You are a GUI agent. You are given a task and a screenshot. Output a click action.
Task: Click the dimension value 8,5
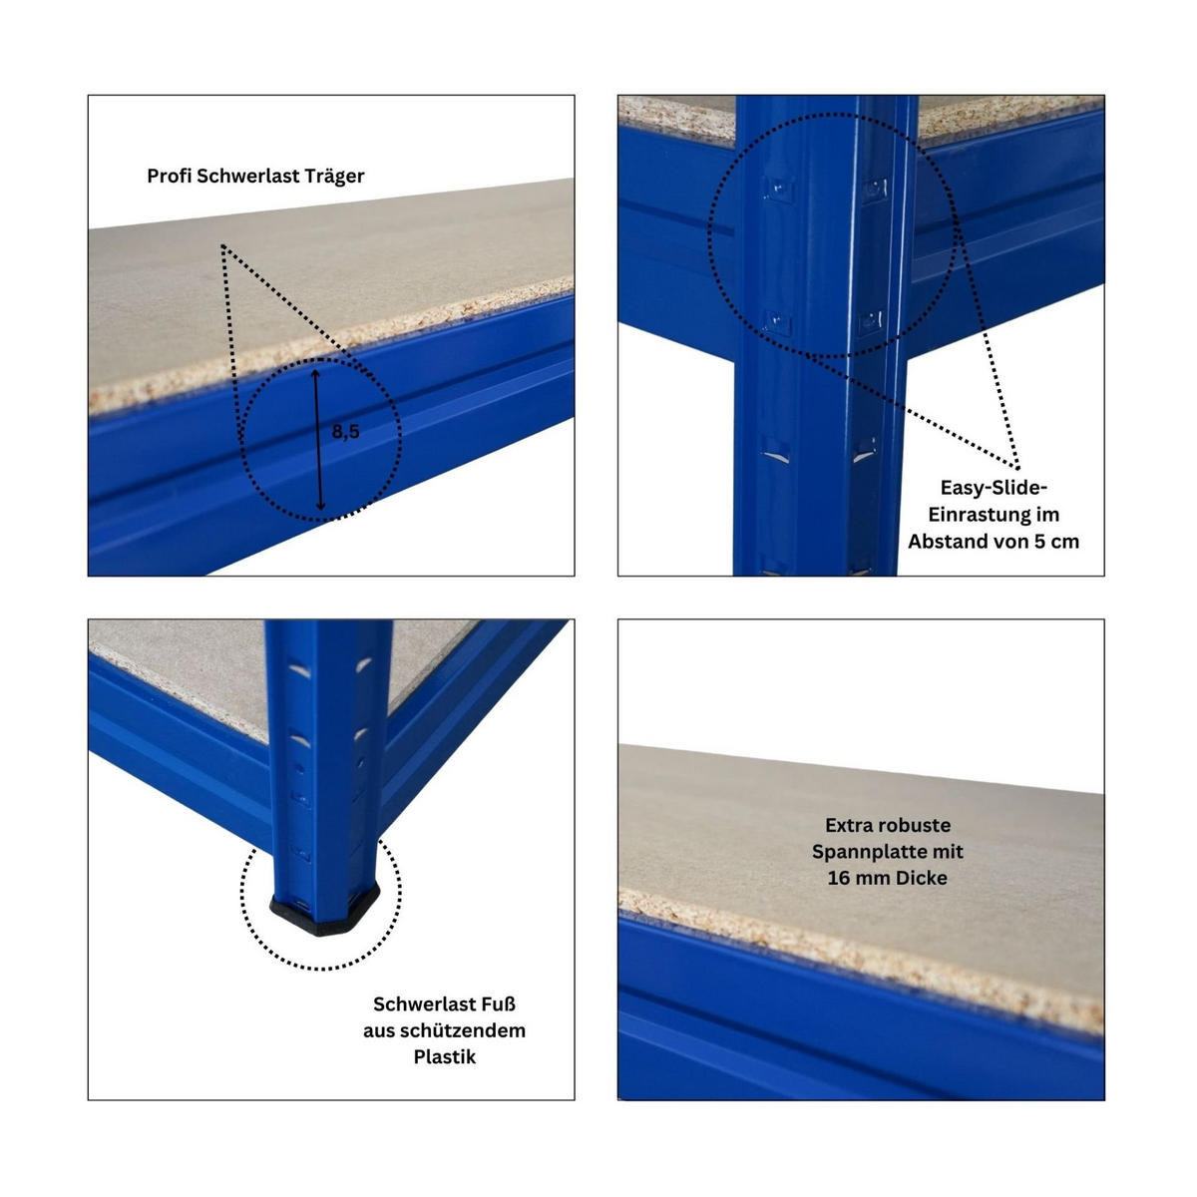(x=345, y=431)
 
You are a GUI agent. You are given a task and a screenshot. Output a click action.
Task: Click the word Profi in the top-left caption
(x=170, y=177)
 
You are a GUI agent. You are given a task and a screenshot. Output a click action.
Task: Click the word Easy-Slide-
(x=994, y=488)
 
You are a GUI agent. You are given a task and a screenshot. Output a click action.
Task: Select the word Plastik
(x=444, y=1057)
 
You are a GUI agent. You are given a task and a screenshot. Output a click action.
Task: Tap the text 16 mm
(x=858, y=879)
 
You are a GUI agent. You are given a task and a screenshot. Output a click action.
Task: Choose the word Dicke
(x=922, y=879)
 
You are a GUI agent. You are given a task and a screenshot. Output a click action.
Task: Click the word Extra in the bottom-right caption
(x=849, y=826)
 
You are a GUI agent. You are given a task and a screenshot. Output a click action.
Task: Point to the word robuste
(x=915, y=826)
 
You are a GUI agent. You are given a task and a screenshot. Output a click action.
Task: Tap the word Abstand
(x=949, y=542)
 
